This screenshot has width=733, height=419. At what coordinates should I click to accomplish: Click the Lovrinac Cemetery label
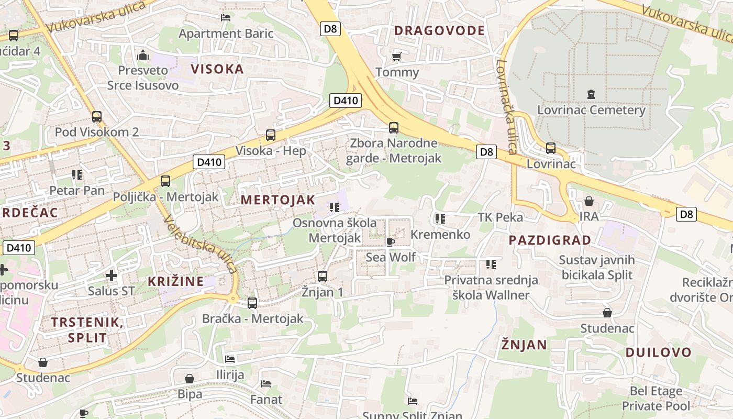coord(591,110)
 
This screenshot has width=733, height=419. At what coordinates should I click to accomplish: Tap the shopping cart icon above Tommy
coord(396,57)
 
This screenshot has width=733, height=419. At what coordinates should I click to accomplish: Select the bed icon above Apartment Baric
coord(226,17)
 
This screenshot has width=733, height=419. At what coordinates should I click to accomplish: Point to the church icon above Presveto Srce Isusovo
coord(143,54)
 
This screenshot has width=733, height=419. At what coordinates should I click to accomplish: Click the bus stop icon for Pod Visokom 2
coord(96,116)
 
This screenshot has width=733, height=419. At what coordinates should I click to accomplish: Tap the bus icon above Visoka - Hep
coord(270,135)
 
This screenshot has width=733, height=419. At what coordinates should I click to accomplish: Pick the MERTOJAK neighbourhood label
coord(278,200)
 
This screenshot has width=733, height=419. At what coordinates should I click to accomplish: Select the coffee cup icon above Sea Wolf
coord(390,241)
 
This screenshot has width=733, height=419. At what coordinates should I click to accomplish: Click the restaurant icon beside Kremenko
coord(440,219)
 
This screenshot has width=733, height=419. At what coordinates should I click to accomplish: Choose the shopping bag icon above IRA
coord(588,202)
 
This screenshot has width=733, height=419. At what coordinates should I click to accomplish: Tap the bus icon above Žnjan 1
coord(322,276)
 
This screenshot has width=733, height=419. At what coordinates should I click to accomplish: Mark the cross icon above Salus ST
coord(111,275)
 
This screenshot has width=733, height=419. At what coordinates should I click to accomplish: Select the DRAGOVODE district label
coord(439,30)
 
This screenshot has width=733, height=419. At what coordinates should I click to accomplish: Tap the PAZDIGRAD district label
coord(550,240)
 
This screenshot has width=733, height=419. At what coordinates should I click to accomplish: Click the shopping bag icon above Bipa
coord(190,378)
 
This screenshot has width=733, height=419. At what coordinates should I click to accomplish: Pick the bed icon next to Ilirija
coord(230,359)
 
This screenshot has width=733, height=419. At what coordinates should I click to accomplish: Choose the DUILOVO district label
coord(658,352)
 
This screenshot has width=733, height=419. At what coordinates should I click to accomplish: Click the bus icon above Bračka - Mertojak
coord(252,303)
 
